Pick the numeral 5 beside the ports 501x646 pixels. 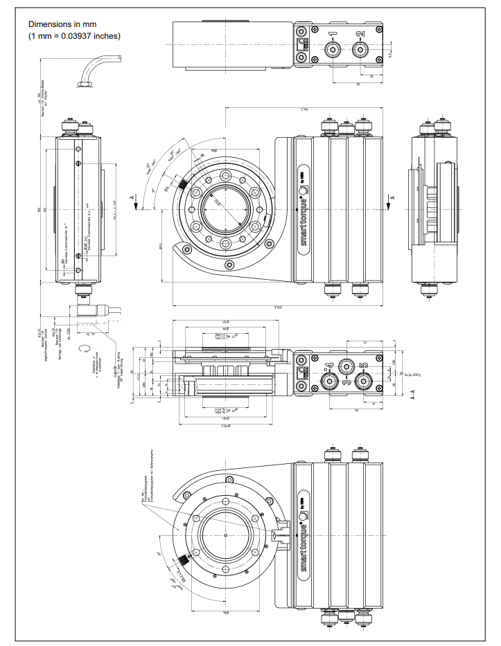(x=363, y=366)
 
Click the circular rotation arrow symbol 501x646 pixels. (x=85, y=349)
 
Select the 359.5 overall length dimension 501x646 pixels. (x=274, y=305)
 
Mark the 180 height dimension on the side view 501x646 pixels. (x=49, y=208)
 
